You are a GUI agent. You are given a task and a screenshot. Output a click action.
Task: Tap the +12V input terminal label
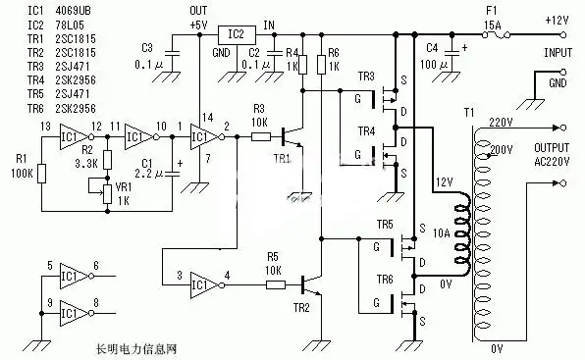point(557,21)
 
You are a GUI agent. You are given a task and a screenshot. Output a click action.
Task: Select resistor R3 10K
point(260,137)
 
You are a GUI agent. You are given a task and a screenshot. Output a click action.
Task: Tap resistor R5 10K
point(277,285)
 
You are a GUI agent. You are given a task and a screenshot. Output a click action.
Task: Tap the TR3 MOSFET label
point(366,76)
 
